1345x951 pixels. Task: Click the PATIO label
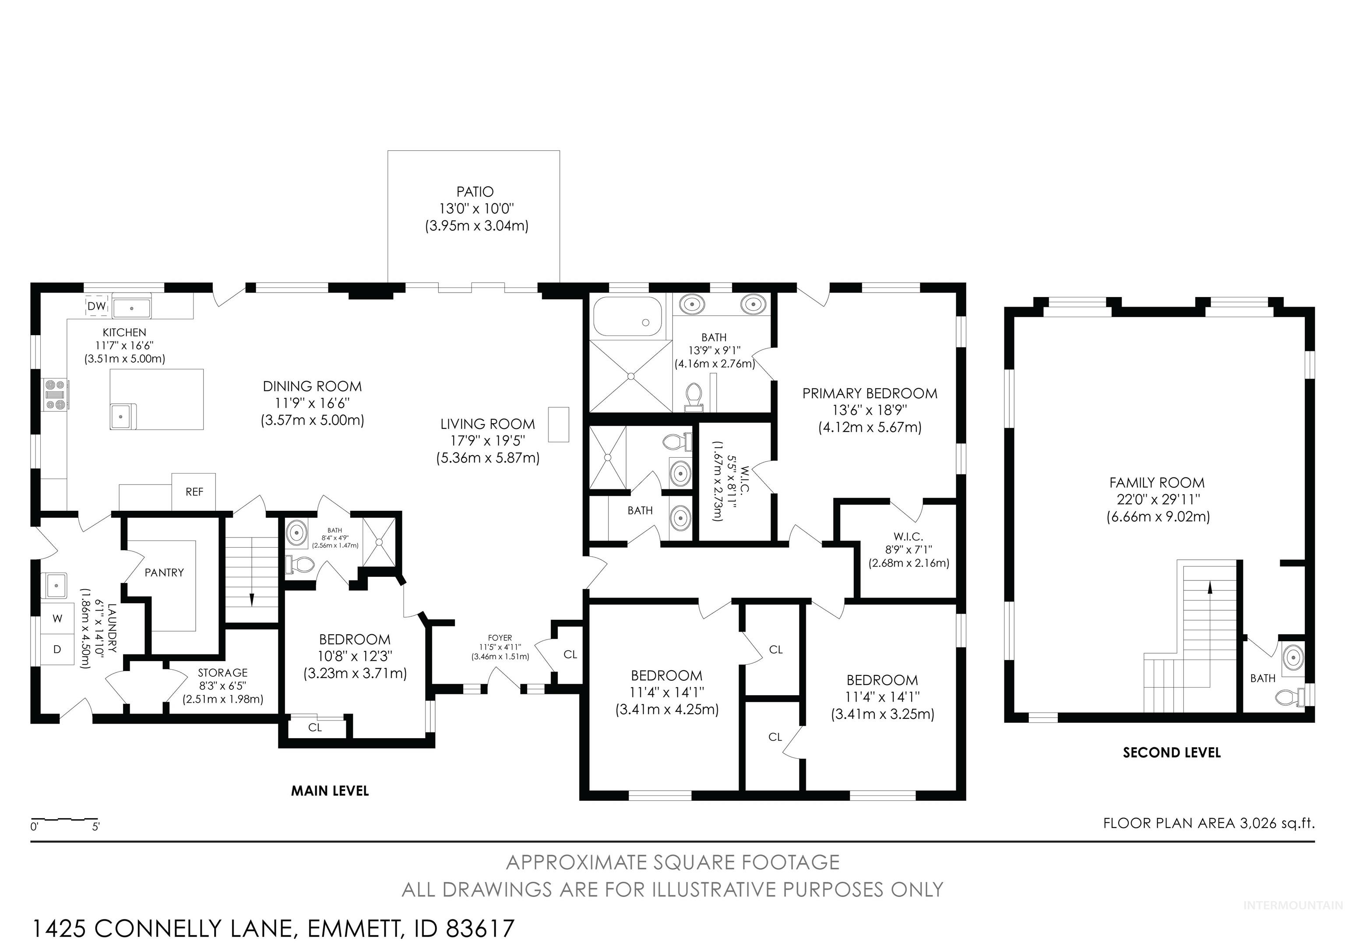pyautogui.click(x=475, y=191)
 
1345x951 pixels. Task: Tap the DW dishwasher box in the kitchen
pyautogui.click(x=97, y=306)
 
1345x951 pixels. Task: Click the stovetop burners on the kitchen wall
pyautogui.click(x=57, y=395)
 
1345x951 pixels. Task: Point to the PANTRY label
pyautogui.click(x=164, y=573)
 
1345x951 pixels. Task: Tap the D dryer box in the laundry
pyautogui.click(x=57, y=649)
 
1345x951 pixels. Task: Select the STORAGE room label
pyautogui.click(x=222, y=673)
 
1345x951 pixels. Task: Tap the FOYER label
pyautogui.click(x=500, y=637)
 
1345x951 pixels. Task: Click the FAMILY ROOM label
pyautogui.click(x=1157, y=483)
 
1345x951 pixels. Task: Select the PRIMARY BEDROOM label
pyautogui.click(x=870, y=393)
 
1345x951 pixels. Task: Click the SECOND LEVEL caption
pyautogui.click(x=1172, y=753)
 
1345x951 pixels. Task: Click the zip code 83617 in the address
pyautogui.click(x=480, y=929)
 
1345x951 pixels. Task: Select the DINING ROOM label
pyautogui.click(x=312, y=386)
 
